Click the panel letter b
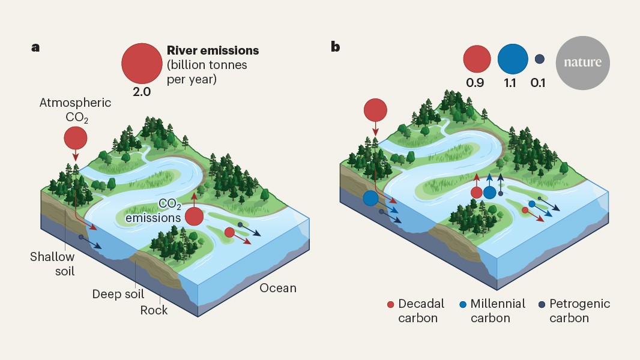click(x=335, y=47)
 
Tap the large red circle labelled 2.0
click(x=141, y=64)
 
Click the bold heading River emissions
click(x=205, y=50)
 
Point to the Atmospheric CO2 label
click(x=75, y=109)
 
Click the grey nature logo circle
click(x=582, y=62)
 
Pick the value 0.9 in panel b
click(x=475, y=83)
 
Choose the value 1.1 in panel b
click(x=510, y=83)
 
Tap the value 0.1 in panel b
click(x=538, y=83)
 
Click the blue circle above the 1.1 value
click(x=511, y=59)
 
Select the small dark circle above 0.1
click(x=539, y=59)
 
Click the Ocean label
click(x=278, y=288)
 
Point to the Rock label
click(x=154, y=310)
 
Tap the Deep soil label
click(x=119, y=294)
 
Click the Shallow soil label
click(x=53, y=263)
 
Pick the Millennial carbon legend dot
click(x=463, y=304)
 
